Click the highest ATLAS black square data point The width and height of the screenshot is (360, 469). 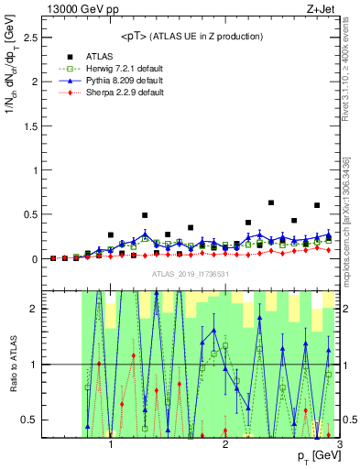[271, 202]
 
